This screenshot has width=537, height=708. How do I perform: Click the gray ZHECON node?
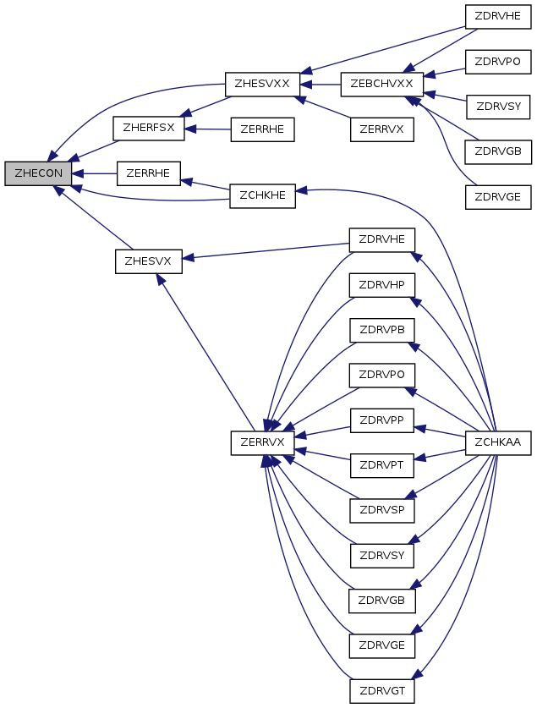[38, 173]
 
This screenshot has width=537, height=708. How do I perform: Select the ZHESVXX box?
[262, 84]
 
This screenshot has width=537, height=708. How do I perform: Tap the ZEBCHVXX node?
[381, 84]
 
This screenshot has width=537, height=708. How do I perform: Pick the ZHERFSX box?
[149, 129]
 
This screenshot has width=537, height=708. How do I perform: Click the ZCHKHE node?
[263, 196]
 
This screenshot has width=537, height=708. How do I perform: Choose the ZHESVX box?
[149, 261]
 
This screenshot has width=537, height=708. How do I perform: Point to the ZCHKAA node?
[498, 443]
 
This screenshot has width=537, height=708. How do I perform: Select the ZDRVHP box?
[381, 285]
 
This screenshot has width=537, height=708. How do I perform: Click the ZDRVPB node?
[382, 330]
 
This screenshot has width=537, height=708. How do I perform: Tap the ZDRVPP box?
[381, 420]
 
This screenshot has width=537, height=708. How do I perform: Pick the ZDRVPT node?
[381, 465]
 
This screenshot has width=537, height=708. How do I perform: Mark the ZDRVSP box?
[382, 511]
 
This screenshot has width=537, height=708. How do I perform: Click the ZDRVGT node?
[382, 691]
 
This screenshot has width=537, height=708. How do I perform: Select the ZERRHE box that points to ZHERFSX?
[263, 129]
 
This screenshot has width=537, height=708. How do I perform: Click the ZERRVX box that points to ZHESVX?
[263, 443]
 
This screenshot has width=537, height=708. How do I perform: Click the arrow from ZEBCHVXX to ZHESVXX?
[321, 85]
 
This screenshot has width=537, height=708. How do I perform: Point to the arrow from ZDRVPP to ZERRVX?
[323, 431]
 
